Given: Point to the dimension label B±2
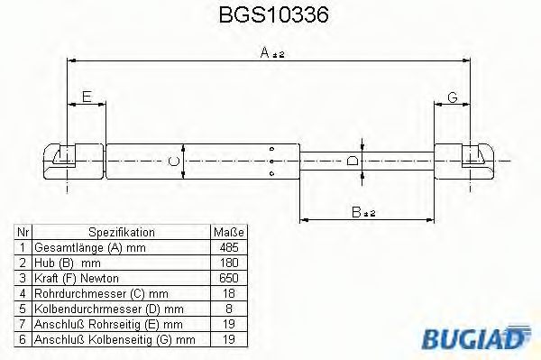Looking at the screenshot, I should [362, 213].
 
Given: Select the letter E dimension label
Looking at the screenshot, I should [86, 96].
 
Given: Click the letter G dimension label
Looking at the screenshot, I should [453, 96].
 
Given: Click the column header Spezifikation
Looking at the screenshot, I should [122, 232].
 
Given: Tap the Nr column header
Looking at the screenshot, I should [23, 232].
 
